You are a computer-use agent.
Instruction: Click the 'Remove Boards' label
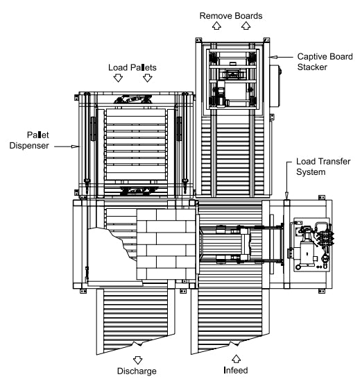click(231, 16)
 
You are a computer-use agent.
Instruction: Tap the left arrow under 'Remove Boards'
click(216, 26)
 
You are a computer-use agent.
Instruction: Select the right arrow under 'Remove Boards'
click(246, 26)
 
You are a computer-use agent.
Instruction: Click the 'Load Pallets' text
click(132, 67)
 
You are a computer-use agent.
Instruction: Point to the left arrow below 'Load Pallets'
click(118, 78)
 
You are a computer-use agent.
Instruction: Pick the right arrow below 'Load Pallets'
click(148, 78)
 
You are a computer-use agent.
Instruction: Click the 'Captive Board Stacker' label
click(325, 62)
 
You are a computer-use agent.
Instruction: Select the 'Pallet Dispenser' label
click(29, 140)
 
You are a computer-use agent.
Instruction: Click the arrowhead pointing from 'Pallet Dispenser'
click(76, 146)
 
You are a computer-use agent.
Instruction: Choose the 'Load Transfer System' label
click(323, 167)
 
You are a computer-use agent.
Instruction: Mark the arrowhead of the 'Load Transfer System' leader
click(286, 195)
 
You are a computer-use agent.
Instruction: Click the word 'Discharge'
click(137, 371)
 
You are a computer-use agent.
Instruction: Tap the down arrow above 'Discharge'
click(138, 360)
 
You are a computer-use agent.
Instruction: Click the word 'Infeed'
click(236, 370)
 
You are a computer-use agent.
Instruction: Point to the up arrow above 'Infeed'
click(237, 359)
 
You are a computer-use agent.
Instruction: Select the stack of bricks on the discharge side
click(166, 244)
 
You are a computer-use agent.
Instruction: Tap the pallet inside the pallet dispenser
click(136, 144)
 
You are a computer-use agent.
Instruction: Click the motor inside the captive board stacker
click(221, 96)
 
